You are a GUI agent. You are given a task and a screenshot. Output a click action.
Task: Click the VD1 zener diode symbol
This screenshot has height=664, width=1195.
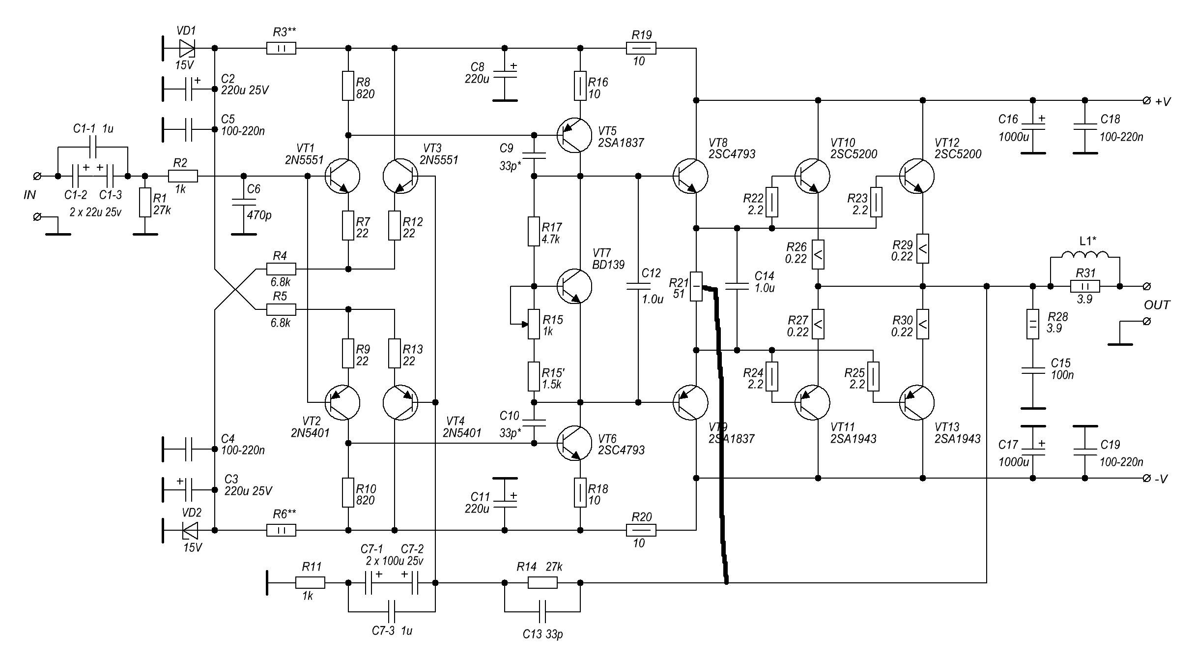tap(187, 48)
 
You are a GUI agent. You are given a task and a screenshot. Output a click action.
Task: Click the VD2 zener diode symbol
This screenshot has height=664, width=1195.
tap(190, 530)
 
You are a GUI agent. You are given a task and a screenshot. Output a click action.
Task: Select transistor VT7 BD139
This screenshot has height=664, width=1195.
tap(574, 286)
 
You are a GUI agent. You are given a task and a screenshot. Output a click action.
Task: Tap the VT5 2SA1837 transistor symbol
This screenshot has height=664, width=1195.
tap(574, 135)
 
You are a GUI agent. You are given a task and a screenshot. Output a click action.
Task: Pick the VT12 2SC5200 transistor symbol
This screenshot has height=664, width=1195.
tap(917, 176)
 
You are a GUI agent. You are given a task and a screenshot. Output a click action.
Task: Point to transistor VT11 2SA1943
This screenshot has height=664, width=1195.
tap(812, 402)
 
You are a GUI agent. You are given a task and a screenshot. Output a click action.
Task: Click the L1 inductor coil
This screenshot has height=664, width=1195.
tap(1085, 255)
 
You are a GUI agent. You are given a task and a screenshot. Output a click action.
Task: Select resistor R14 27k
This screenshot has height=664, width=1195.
tap(542, 583)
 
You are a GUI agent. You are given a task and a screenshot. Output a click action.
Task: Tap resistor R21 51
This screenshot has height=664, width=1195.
tap(696, 286)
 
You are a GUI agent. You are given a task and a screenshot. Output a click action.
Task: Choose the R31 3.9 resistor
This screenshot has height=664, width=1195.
tap(1085, 286)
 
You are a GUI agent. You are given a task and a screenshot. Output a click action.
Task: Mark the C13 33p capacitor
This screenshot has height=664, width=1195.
tap(542, 612)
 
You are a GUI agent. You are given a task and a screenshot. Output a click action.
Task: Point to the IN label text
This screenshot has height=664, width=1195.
tap(30, 195)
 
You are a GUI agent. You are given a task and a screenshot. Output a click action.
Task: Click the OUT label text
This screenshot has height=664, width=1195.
tap(1157, 305)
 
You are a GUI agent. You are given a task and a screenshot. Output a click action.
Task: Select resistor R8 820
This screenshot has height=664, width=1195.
tap(348, 86)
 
